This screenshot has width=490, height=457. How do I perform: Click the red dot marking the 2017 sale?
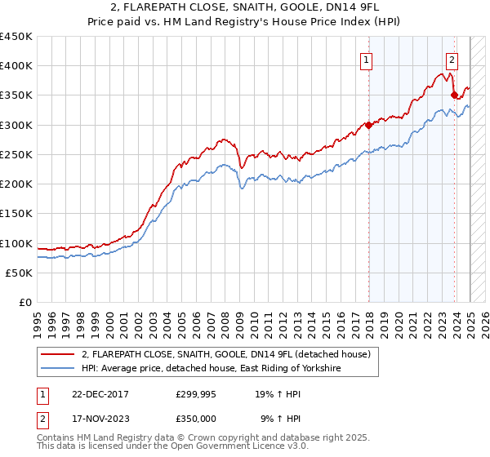tap(368, 125)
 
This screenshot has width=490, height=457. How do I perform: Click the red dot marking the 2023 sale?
tap(454, 95)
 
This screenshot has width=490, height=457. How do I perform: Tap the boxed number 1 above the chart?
tap(366, 59)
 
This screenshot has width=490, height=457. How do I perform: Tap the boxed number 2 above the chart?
tap(452, 59)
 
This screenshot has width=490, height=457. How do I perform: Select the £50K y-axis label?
tap(20, 273)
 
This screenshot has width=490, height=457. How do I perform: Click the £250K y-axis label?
tap(16, 155)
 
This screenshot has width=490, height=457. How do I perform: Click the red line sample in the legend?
tap(57, 354)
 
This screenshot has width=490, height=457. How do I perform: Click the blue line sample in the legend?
tap(57, 369)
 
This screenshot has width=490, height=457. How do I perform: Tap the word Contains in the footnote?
tap(57, 437)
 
